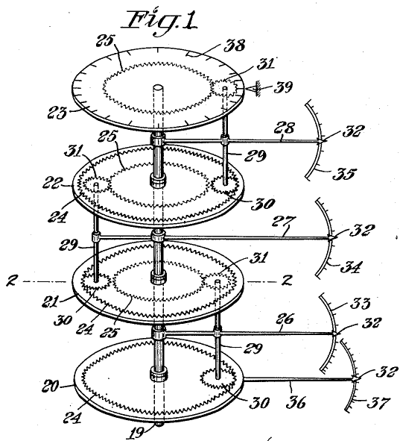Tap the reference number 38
click(x=235, y=46)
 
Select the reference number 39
click(x=283, y=87)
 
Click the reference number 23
click(x=57, y=113)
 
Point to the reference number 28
click(x=285, y=128)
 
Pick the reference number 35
click(x=344, y=173)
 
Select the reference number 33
click(x=361, y=304)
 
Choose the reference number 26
click(x=285, y=319)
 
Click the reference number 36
click(x=296, y=402)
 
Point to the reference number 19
click(x=136, y=433)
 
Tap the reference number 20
click(x=51, y=386)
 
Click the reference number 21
click(x=51, y=301)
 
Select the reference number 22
click(x=51, y=184)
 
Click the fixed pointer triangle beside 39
click(x=250, y=89)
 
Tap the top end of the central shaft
click(x=158, y=88)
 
